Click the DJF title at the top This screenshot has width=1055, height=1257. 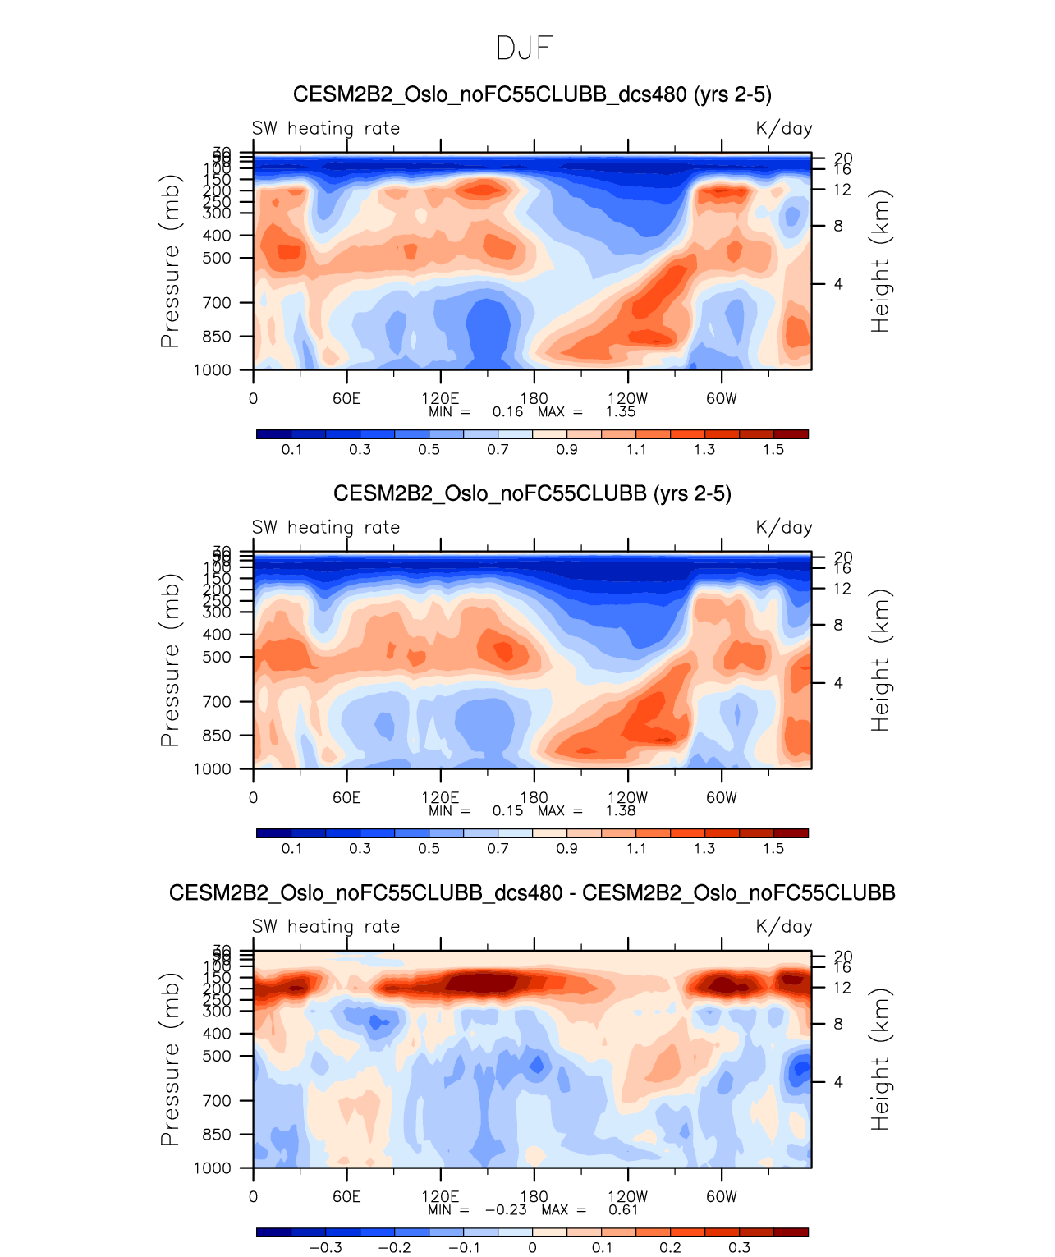point(525,48)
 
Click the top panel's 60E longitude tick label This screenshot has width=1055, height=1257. point(346,399)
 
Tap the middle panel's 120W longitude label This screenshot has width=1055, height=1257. point(628,798)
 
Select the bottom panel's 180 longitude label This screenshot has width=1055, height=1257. point(534,1197)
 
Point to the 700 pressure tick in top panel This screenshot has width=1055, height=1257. point(217,303)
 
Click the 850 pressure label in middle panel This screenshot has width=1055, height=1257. point(217,736)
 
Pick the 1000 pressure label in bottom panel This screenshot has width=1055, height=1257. point(213,1168)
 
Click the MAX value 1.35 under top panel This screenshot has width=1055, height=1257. point(621,412)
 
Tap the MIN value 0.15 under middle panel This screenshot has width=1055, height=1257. point(507,811)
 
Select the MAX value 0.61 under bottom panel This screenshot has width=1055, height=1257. point(623,1210)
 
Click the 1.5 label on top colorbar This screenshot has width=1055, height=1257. point(773,450)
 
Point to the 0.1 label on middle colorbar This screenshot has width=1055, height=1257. point(291,849)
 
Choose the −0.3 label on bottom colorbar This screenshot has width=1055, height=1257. point(325,1248)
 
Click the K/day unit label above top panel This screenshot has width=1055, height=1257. point(784,129)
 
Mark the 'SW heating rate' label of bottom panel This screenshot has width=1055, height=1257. point(326,927)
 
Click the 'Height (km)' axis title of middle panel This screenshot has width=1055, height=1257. point(880,660)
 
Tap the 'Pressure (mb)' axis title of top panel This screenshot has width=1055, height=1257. point(169,261)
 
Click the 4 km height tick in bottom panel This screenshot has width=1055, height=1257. point(838,1082)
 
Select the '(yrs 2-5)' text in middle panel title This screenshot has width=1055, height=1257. point(692,493)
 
